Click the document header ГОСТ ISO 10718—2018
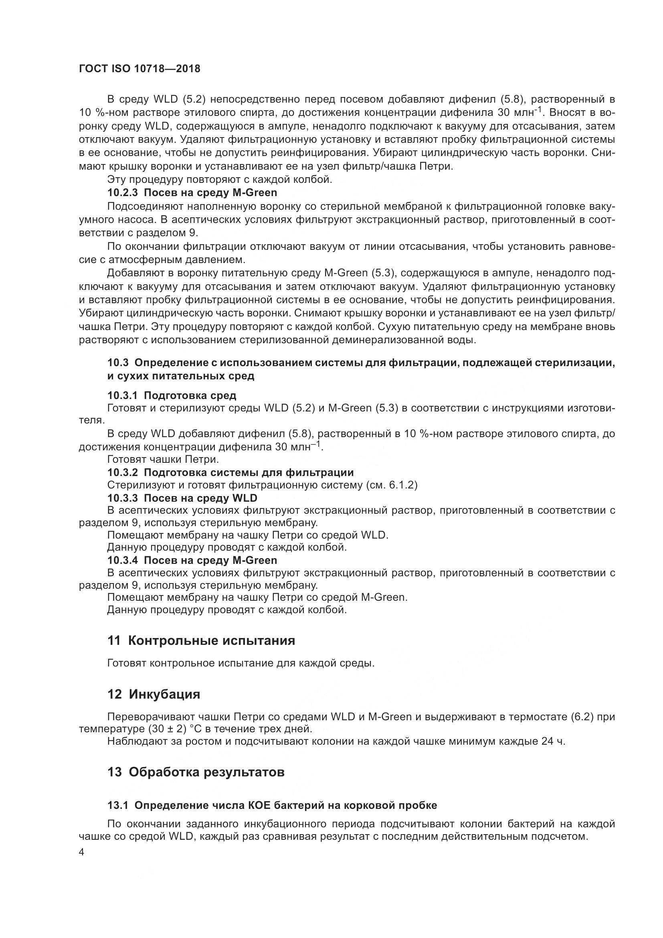click(x=139, y=69)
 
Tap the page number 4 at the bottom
click(x=81, y=853)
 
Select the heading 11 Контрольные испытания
click(x=201, y=640)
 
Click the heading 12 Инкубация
click(x=154, y=694)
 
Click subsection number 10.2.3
click(x=123, y=192)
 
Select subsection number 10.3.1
click(x=123, y=395)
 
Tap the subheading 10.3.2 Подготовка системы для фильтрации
click(x=230, y=472)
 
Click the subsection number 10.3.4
click(x=123, y=560)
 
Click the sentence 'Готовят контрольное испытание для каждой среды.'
click(x=241, y=663)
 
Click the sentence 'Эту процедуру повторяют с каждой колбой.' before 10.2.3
click(x=220, y=179)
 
